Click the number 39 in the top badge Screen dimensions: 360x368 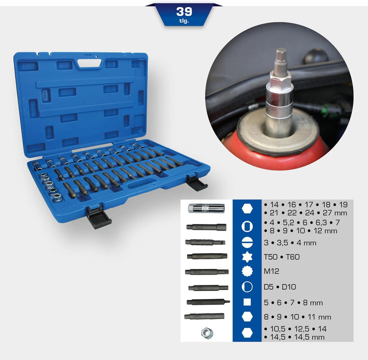pyautogui.click(x=184, y=11)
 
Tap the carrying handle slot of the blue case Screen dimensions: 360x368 pyautogui.click(x=90, y=64)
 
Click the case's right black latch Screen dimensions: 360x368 pyautogui.click(x=196, y=181)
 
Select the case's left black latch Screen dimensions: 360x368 pyautogui.click(x=98, y=218)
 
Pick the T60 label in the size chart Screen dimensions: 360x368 pyautogui.click(x=293, y=257)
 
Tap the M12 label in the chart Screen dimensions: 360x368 pyautogui.click(x=271, y=272)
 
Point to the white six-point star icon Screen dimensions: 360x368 pyautogui.click(x=247, y=257)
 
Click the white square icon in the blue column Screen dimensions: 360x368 pyautogui.click(x=247, y=302)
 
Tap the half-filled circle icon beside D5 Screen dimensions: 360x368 pyautogui.click(x=247, y=287)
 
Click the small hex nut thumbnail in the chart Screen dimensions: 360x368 pyautogui.click(x=207, y=332)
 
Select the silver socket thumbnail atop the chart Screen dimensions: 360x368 pyautogui.click(x=203, y=208)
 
